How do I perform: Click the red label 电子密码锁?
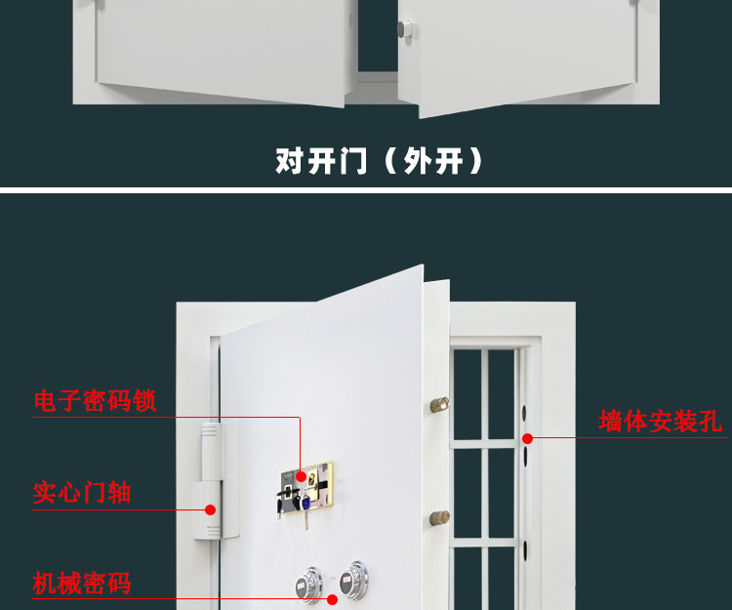click(95, 400)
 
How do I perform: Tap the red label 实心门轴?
click(82, 492)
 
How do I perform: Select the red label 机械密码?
click(82, 584)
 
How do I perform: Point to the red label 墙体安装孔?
click(660, 422)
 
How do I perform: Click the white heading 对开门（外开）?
click(380, 161)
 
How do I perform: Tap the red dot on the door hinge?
click(210, 509)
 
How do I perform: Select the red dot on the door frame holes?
click(528, 438)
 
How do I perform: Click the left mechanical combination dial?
click(307, 585)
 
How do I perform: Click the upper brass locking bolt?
click(440, 403)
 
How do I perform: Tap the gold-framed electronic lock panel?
click(305, 487)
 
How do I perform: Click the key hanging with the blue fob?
click(305, 506)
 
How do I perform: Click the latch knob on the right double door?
click(404, 32)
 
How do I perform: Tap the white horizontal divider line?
click(366, 187)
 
